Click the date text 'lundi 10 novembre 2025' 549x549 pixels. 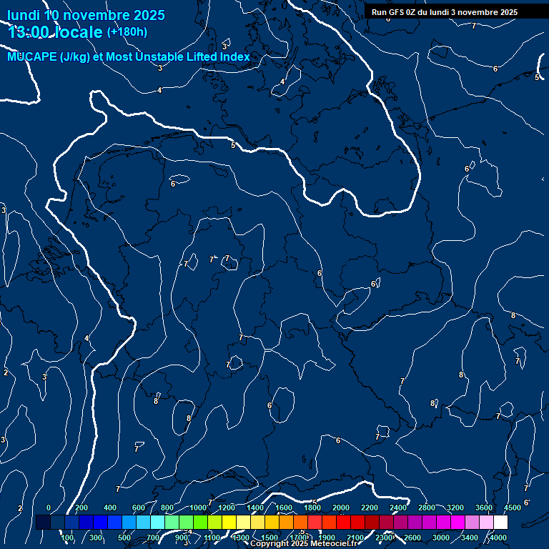click(x=86, y=15)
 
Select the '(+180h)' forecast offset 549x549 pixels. click(x=127, y=31)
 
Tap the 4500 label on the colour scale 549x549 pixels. click(x=513, y=508)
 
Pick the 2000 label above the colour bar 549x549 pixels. click(x=341, y=508)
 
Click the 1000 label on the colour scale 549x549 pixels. click(x=198, y=508)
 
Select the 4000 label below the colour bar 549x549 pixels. click(x=498, y=538)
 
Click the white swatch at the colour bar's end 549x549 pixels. click(x=501, y=523)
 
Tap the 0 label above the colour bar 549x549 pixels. click(x=48, y=508)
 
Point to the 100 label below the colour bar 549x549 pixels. click(x=68, y=538)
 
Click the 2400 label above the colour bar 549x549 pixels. click(x=398, y=508)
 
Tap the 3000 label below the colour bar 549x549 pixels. click(x=441, y=538)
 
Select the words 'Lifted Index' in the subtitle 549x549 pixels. click(x=219, y=56)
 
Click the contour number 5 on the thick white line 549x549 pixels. click(x=232, y=145)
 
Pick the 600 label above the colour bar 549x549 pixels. click(x=138, y=508)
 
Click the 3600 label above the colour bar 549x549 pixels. click(x=484, y=508)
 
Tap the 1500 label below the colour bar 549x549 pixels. click(x=269, y=538)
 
